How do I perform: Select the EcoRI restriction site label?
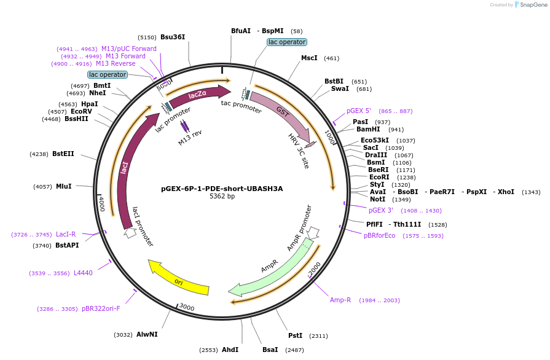pos(379,177)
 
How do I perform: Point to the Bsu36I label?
pos(173,37)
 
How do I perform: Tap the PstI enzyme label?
pos(296,336)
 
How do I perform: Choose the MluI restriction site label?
pos(64,186)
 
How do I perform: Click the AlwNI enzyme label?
pos(147,335)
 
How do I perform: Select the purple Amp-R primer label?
pos(340,300)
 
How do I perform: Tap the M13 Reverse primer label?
pos(116,64)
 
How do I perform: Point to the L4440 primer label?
pos(83,273)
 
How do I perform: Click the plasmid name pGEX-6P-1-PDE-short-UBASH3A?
pos(222,189)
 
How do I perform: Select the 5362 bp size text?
pos(222,197)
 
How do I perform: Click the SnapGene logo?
pos(530,5)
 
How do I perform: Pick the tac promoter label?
pos(242,107)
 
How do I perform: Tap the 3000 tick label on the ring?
pos(186,307)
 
